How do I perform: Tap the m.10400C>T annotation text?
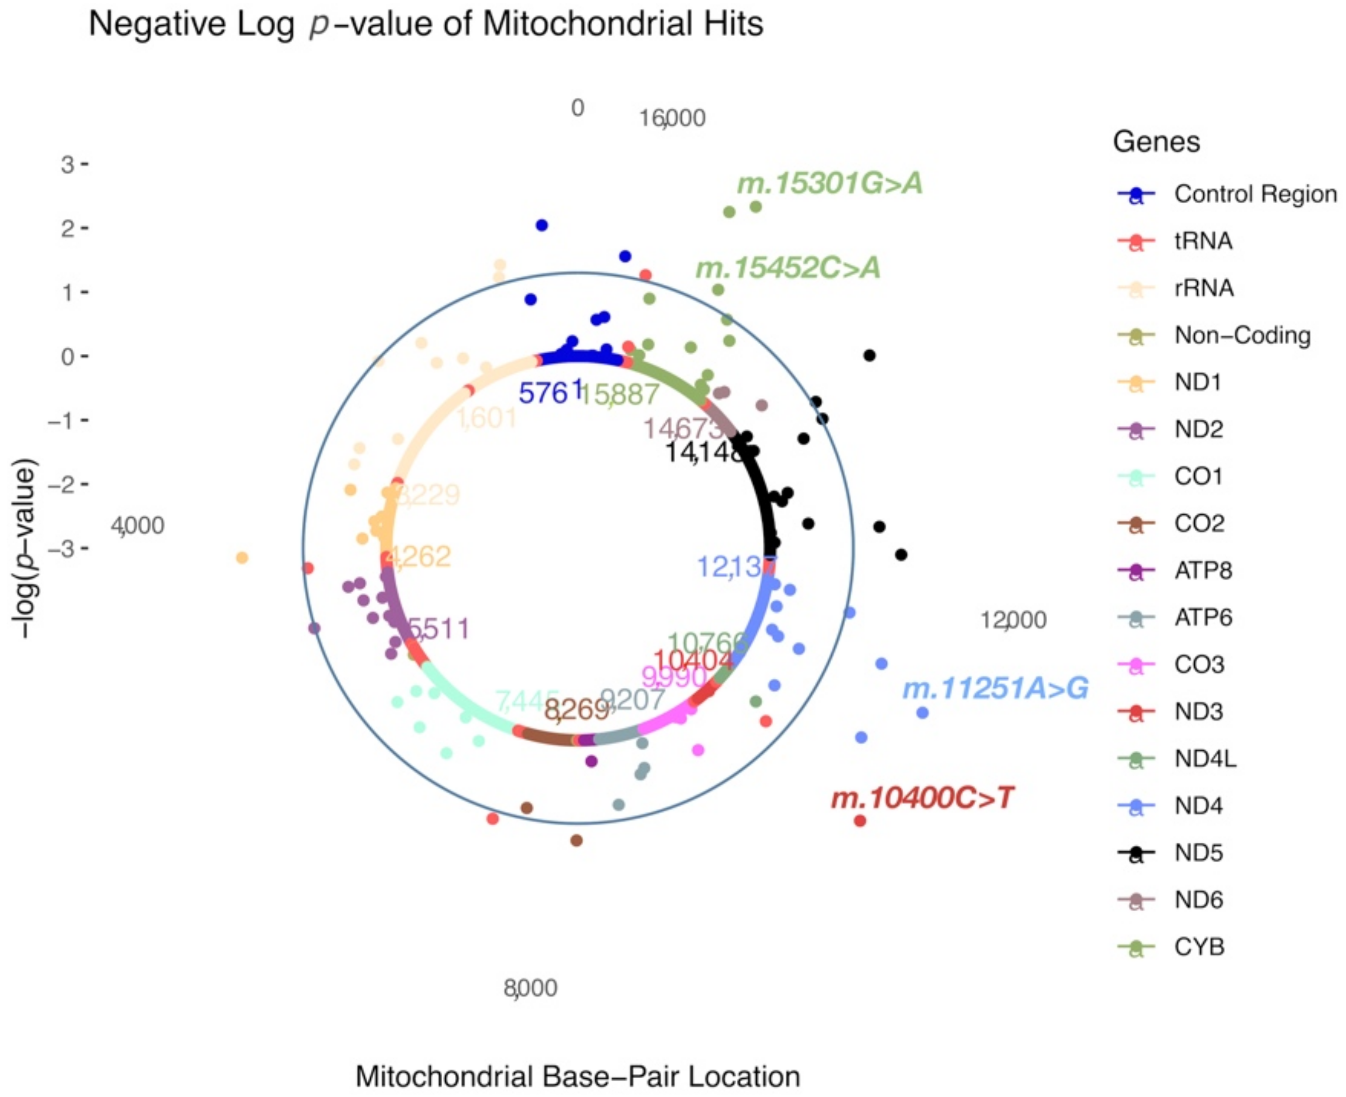922,798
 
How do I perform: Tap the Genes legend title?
1156,142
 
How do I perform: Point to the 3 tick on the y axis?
68,165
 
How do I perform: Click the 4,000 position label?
137,526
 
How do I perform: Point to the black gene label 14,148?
703,452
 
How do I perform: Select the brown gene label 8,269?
576,710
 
